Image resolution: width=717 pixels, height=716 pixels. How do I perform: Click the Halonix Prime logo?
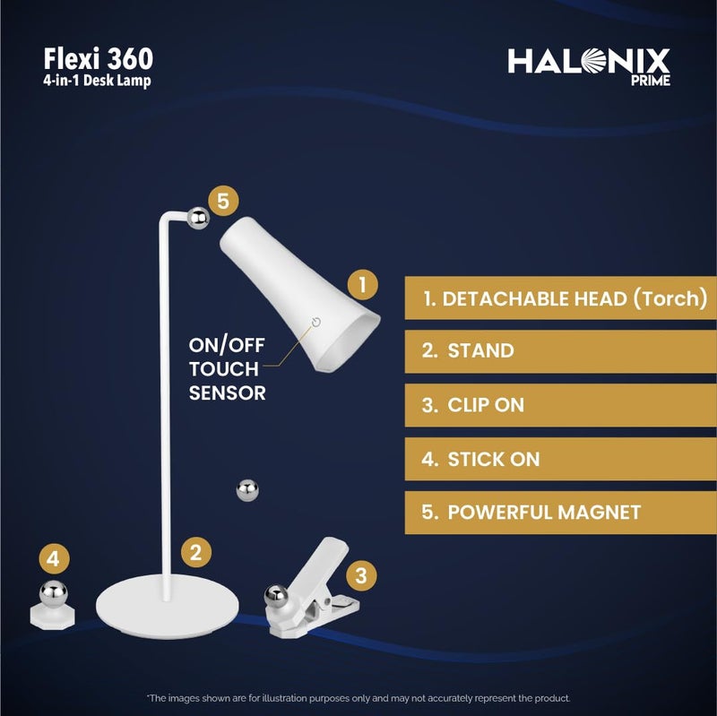coord(589,65)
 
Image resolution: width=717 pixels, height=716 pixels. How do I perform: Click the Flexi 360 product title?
coord(99,59)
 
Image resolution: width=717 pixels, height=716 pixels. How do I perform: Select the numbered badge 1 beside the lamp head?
coord(362,285)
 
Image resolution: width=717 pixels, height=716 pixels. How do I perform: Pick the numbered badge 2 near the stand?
coord(196,551)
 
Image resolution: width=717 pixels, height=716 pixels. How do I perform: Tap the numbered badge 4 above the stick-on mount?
coord(54,559)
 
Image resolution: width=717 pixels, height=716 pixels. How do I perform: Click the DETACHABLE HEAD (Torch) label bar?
coord(560,298)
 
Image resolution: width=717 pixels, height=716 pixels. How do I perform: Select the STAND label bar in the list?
coord(560,351)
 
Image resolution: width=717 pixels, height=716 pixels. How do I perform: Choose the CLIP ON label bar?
coord(560,405)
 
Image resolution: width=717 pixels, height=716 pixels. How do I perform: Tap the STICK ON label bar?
coord(560,459)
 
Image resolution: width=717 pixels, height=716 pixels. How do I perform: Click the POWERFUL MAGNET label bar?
coord(560,513)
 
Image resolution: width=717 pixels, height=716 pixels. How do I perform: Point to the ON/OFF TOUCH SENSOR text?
coord(227,368)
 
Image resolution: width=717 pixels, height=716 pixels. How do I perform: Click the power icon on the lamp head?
coord(315,323)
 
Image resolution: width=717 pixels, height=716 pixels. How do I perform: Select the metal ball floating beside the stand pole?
coord(246,490)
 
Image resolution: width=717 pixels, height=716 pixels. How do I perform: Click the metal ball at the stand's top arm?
coord(198,216)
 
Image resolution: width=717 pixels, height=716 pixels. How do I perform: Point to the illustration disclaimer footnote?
coord(358,697)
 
